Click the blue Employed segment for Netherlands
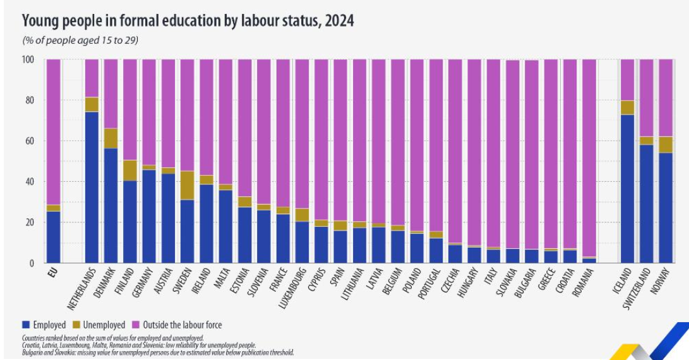pyautogui.click(x=92, y=187)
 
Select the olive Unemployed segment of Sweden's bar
pyautogui.click(x=188, y=185)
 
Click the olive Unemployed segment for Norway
pyautogui.click(x=665, y=145)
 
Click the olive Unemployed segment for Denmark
pyautogui.click(x=111, y=138)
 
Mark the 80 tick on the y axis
pyautogui.click(x=28, y=100)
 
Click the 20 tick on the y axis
pyautogui.click(x=28, y=222)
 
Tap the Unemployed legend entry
pyautogui.click(x=100, y=325)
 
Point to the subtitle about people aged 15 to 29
pyautogui.click(x=80, y=40)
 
